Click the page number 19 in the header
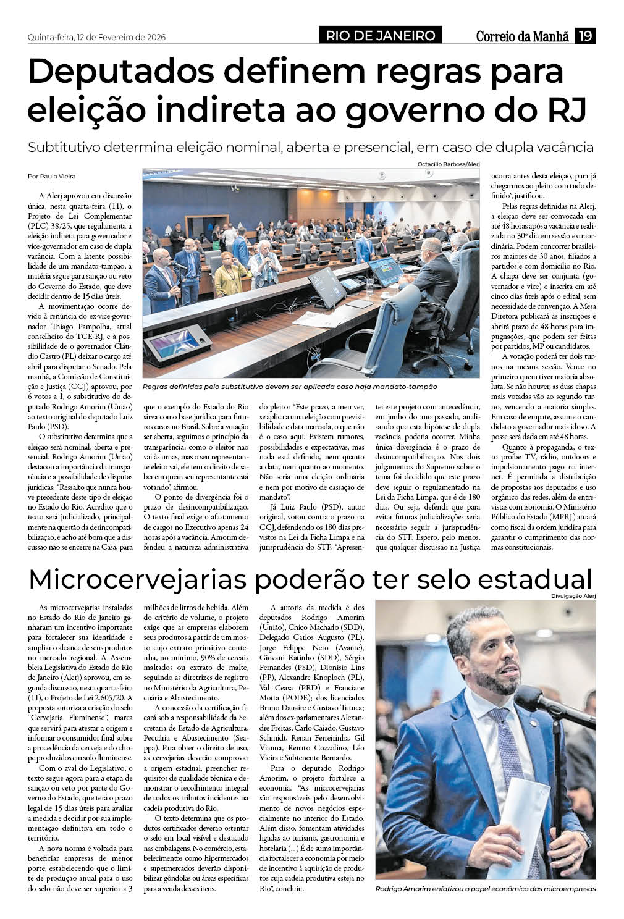[585, 36]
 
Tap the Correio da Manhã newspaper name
[522, 36]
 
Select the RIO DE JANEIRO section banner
[381, 36]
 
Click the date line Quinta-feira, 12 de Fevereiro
[97, 37]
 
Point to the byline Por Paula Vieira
[52, 176]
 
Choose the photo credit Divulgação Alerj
[573, 595]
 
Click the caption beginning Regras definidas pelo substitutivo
[289, 387]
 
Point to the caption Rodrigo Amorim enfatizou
[485, 889]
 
